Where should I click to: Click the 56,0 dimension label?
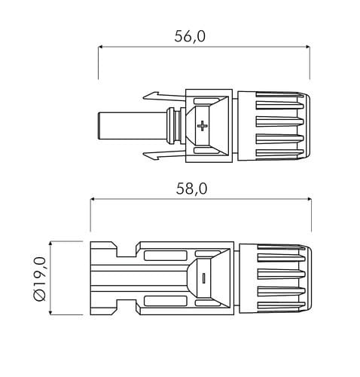click(190, 36)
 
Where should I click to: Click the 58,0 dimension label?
click(191, 188)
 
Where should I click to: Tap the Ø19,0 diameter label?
click(40, 279)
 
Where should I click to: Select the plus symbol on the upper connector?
click(202, 125)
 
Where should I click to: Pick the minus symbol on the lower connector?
click(203, 278)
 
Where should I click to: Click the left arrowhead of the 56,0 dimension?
click(100, 47)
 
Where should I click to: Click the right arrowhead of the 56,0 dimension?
click(307, 47)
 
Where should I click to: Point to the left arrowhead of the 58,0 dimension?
click(93, 199)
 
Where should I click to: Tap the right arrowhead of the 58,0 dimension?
click(309, 199)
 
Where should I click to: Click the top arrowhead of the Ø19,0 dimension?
click(50, 244)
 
